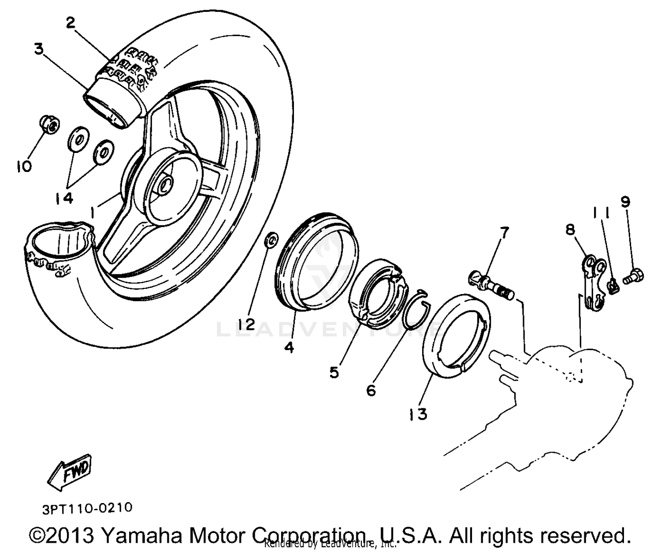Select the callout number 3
39,49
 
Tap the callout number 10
24,166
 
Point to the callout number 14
64,198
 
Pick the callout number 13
417,414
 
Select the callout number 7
504,232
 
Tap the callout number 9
626,202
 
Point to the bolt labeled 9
634,277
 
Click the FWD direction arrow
71,470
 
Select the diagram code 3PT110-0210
87,508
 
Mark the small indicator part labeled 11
613,287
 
